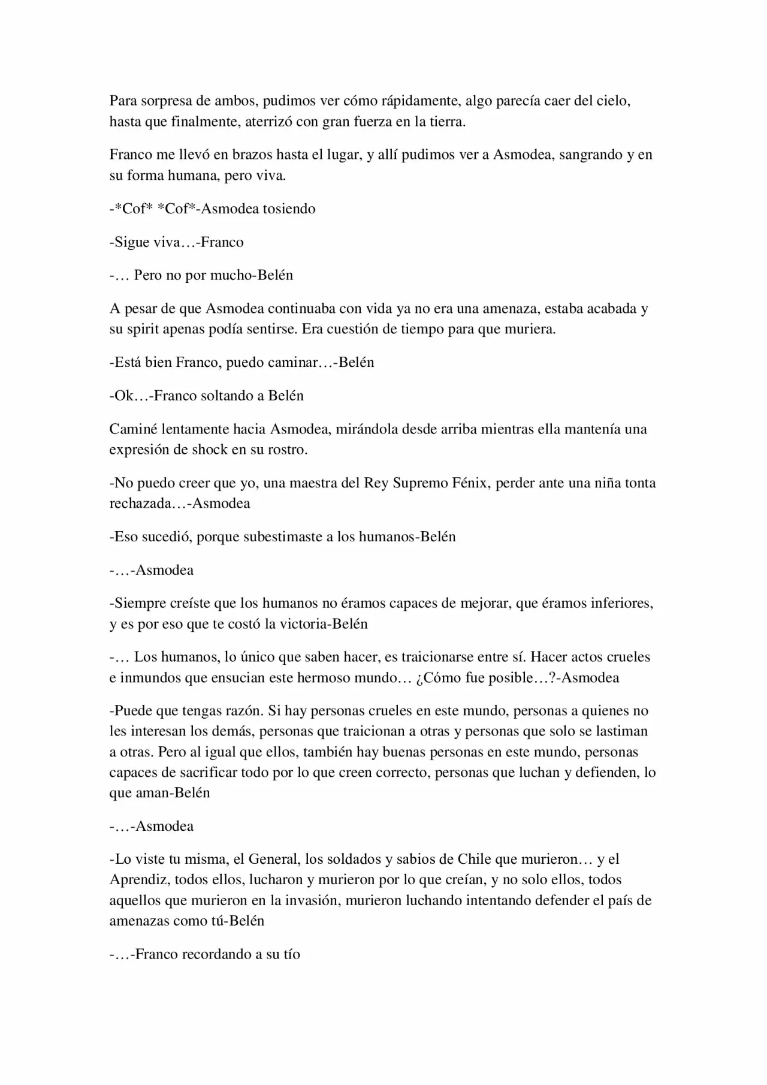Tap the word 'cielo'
[612, 101]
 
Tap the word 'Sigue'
[131, 242]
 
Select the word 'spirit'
[144, 329]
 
